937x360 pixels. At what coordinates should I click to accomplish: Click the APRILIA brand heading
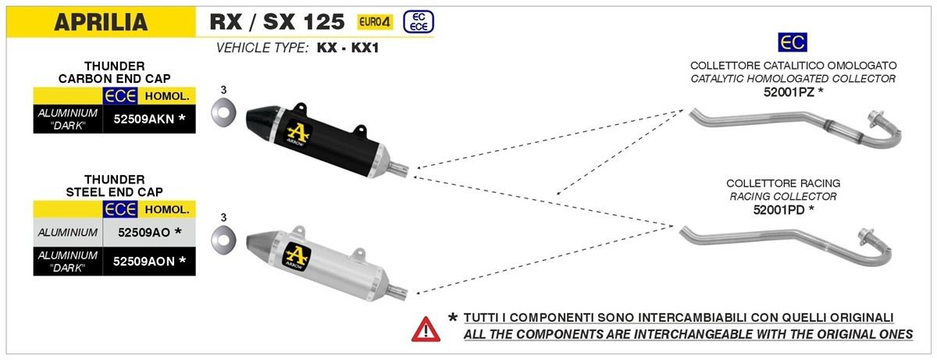(101, 22)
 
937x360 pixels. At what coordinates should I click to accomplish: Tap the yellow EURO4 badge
(375, 22)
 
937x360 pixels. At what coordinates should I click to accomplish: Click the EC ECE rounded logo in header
(419, 22)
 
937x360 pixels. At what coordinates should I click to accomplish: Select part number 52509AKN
(144, 119)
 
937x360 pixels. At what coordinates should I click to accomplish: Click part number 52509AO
(144, 232)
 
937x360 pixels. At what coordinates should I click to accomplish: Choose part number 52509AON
(144, 262)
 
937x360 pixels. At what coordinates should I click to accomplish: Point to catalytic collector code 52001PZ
(789, 92)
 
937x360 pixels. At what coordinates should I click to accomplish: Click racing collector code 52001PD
(778, 209)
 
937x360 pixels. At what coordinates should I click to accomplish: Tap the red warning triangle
(426, 330)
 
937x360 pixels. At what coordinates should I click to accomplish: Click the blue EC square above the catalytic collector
(793, 42)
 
